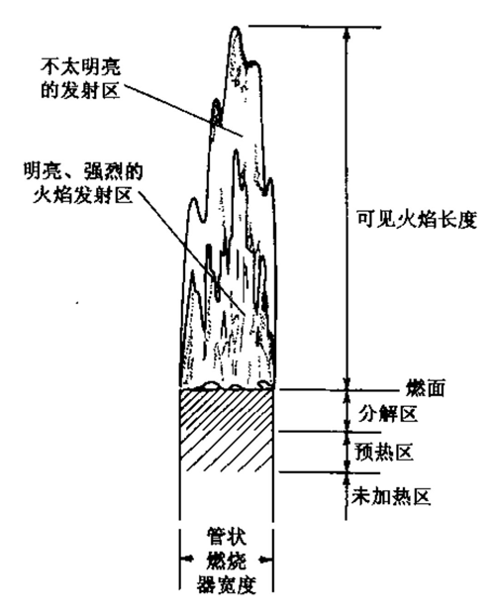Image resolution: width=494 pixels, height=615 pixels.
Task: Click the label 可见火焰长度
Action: pyautogui.click(x=417, y=219)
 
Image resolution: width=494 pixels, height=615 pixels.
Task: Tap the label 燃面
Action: pyautogui.click(x=426, y=389)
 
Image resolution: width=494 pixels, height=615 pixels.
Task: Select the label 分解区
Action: pyautogui.click(x=388, y=414)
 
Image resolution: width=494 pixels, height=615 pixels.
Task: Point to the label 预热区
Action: pyautogui.click(x=384, y=453)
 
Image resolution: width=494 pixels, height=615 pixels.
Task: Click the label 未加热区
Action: pyautogui.click(x=391, y=496)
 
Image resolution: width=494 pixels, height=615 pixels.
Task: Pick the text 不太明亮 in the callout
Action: pyautogui.click(x=81, y=66)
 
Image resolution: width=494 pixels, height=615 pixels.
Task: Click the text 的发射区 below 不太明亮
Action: pyautogui.click(x=81, y=90)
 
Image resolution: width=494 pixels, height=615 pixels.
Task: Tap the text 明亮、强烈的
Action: pyautogui.click(x=82, y=171)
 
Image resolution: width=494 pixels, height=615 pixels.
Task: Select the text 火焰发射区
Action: pyautogui.click(x=82, y=195)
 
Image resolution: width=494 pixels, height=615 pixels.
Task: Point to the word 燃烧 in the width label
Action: pyautogui.click(x=227, y=561)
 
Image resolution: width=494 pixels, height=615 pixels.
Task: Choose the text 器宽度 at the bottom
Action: pyautogui.click(x=227, y=585)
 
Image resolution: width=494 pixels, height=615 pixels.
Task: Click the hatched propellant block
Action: pyautogui.click(x=227, y=430)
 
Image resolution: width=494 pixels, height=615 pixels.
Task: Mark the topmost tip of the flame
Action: pyautogui.click(x=236, y=27)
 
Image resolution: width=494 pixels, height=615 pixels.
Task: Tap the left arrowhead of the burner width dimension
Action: pyautogui.click(x=186, y=559)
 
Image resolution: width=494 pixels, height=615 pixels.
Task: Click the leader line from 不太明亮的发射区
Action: pyautogui.click(x=183, y=110)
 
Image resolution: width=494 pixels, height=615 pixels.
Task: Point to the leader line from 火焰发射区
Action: pyautogui.click(x=192, y=254)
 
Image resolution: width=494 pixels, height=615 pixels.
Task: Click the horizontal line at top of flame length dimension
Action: pyautogui.click(x=315, y=27)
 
